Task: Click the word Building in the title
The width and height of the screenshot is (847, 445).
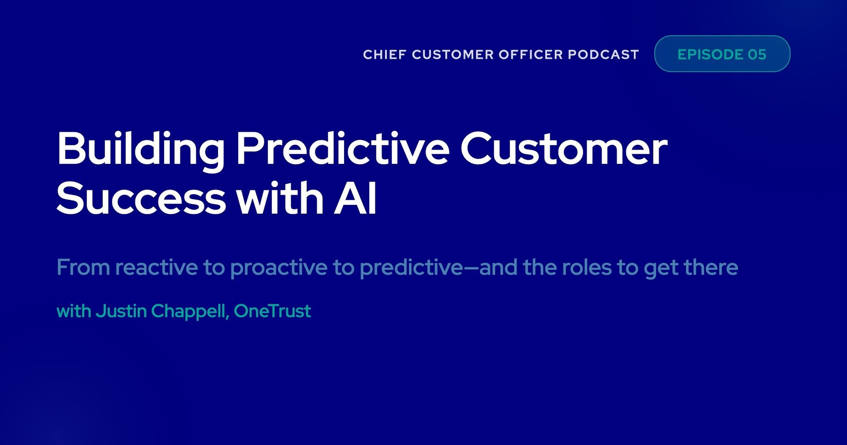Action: coord(140,149)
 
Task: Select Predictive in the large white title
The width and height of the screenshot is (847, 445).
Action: coord(342,149)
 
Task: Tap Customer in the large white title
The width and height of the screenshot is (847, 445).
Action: coord(563,149)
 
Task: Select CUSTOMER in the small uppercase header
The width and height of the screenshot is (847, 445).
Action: coord(452,55)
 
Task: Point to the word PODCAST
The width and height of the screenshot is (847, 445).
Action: coord(603,55)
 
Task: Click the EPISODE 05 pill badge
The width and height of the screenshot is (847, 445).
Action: coord(722,54)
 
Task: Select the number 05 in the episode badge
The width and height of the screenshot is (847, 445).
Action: coord(757,54)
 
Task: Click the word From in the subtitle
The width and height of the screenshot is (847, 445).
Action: coord(83,268)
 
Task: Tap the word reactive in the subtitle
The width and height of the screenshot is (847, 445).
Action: coord(157,268)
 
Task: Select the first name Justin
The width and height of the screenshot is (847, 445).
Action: coord(121,311)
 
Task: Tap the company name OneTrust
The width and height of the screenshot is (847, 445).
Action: coord(272,311)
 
